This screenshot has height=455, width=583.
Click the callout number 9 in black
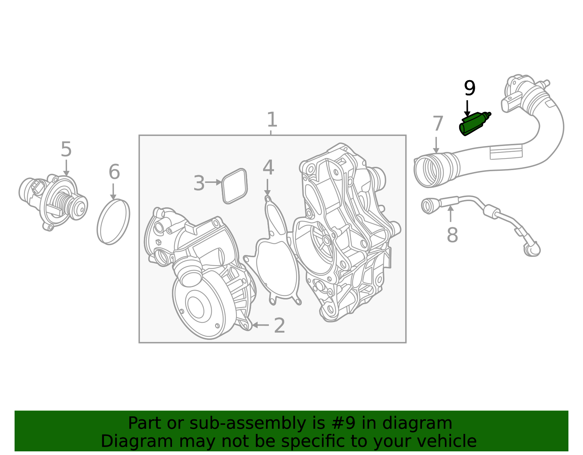[x=470, y=89]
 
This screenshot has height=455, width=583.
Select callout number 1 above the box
[x=272, y=120]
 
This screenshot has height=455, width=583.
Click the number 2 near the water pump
[x=279, y=326]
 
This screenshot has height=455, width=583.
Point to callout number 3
[x=199, y=183]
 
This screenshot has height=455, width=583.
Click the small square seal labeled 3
[x=235, y=186]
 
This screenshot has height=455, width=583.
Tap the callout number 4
[x=268, y=168]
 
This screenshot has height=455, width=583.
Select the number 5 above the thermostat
[x=66, y=150]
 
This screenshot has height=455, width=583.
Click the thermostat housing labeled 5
[x=55, y=202]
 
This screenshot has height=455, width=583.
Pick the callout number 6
[x=114, y=172]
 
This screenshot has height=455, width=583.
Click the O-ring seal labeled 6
[x=113, y=222]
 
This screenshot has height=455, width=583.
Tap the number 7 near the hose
[x=438, y=124]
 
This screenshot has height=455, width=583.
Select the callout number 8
[x=452, y=235]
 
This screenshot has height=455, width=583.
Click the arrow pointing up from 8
[x=451, y=213]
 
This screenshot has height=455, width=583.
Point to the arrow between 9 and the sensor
[x=467, y=109]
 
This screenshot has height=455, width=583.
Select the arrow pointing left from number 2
[x=260, y=325]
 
